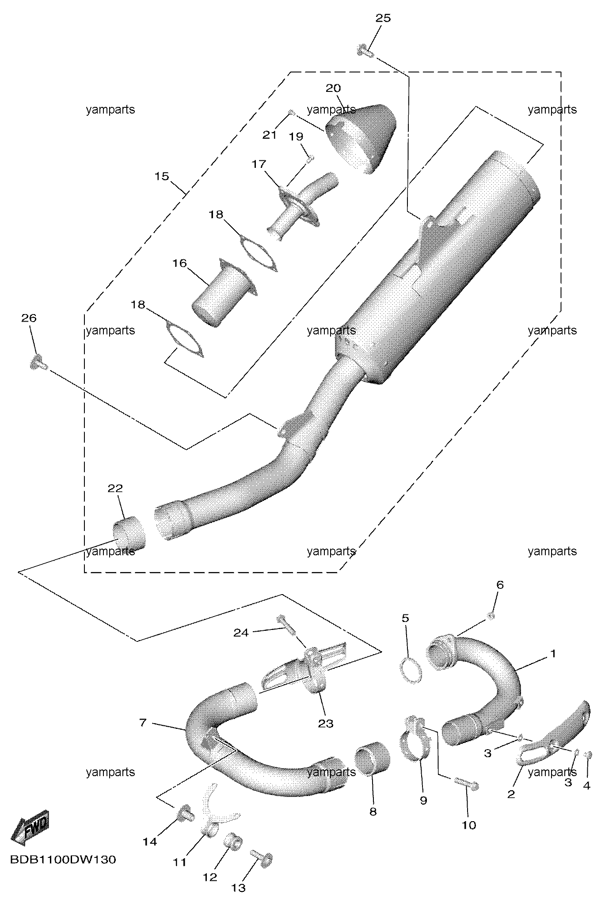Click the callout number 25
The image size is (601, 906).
click(x=383, y=18)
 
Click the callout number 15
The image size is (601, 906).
click(x=162, y=176)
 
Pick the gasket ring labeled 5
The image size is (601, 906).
click(x=411, y=671)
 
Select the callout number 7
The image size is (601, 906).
click(x=142, y=723)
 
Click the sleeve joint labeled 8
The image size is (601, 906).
click(x=373, y=758)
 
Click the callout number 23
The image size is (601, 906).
click(x=325, y=724)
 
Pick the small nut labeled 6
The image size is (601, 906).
click(x=491, y=616)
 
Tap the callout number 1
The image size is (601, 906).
click(x=553, y=653)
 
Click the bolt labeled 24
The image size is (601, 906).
click(x=287, y=625)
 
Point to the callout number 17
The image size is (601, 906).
click(x=259, y=164)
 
